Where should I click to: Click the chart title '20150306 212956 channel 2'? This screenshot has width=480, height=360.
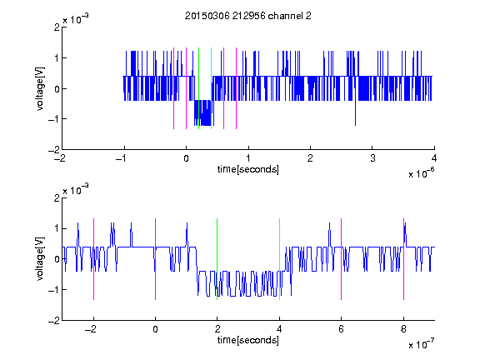[x=248, y=16]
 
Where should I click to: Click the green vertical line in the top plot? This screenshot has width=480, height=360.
[x=198, y=88]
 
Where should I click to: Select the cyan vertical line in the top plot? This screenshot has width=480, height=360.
[x=211, y=88]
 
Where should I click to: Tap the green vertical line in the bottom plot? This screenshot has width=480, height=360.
[x=217, y=259]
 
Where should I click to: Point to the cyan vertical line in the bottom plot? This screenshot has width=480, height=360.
[x=279, y=259]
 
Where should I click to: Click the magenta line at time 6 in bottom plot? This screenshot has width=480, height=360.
[x=342, y=259]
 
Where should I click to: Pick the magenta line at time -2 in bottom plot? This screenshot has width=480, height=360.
[x=93, y=259]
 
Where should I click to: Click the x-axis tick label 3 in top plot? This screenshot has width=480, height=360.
[x=372, y=158]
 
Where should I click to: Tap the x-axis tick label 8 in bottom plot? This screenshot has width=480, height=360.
[x=403, y=329]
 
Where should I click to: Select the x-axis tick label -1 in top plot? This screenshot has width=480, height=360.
[x=122, y=158]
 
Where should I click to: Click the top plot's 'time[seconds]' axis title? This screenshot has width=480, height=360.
[x=248, y=169]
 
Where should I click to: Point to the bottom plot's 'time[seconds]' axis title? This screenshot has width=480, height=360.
[x=248, y=340]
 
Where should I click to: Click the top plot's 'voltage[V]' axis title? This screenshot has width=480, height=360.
[x=40, y=88]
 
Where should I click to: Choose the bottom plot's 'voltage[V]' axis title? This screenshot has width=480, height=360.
[x=40, y=258]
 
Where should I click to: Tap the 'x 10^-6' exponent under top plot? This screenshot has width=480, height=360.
[x=422, y=173]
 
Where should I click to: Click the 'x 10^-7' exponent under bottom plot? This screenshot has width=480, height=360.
[x=422, y=344]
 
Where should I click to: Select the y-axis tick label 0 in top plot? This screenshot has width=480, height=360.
[x=57, y=89]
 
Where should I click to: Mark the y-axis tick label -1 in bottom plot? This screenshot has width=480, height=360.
[x=54, y=290]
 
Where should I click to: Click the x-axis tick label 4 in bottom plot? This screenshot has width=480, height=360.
[x=279, y=329]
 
